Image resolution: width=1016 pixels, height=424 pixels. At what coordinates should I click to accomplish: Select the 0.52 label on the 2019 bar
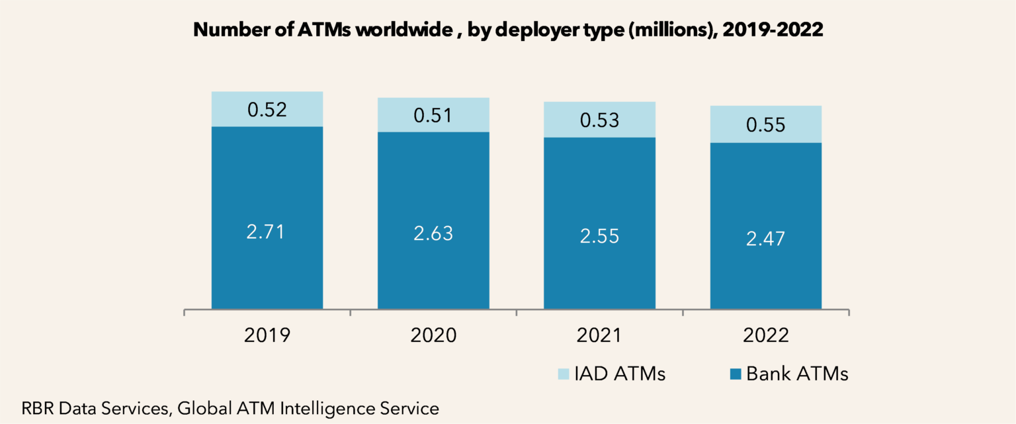point(267,110)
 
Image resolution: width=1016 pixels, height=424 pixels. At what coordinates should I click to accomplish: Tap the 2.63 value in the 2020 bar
point(433,233)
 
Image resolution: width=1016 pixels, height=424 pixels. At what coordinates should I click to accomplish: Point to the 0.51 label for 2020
point(433,116)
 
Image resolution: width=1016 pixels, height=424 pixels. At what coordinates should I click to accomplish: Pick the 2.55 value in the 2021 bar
point(599,236)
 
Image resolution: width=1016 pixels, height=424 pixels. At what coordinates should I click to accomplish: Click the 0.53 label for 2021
point(599,120)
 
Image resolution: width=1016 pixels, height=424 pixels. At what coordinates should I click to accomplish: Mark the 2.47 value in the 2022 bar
point(765,239)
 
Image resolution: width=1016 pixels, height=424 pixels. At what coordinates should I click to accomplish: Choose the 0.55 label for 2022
point(765,124)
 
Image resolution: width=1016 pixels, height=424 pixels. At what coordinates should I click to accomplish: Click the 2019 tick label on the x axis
point(267,335)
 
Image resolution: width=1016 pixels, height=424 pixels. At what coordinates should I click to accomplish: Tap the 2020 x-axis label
point(433,335)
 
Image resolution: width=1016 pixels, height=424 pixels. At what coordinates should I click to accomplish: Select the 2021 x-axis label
point(599,335)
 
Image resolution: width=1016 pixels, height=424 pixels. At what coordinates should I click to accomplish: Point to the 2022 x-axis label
point(765,335)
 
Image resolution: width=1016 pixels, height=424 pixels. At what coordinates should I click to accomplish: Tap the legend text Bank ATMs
point(797,374)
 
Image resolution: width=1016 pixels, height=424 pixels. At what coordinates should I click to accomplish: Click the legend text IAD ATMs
point(622,374)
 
